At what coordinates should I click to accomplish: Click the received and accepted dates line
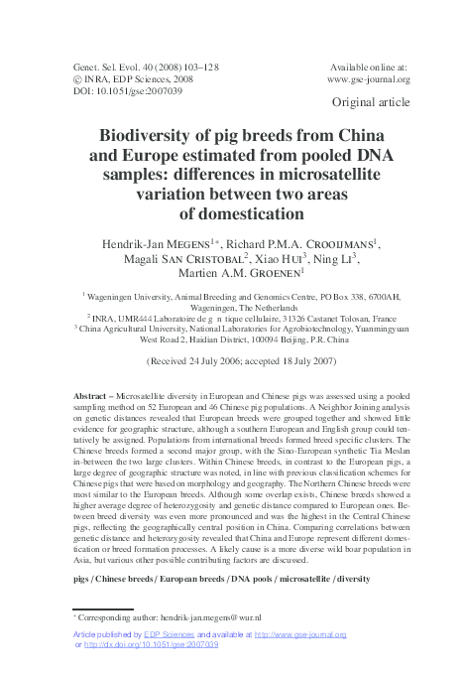(x=232, y=364)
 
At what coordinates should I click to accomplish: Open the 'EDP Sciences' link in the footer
(x=170, y=633)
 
